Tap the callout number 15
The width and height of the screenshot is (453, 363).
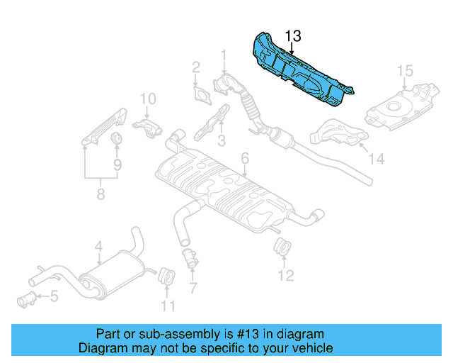403,70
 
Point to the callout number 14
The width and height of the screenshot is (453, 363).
377,160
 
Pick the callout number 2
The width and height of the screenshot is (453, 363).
196,68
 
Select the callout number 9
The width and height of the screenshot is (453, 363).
117,164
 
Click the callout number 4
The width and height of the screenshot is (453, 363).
99,246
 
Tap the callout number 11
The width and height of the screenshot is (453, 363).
167,306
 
